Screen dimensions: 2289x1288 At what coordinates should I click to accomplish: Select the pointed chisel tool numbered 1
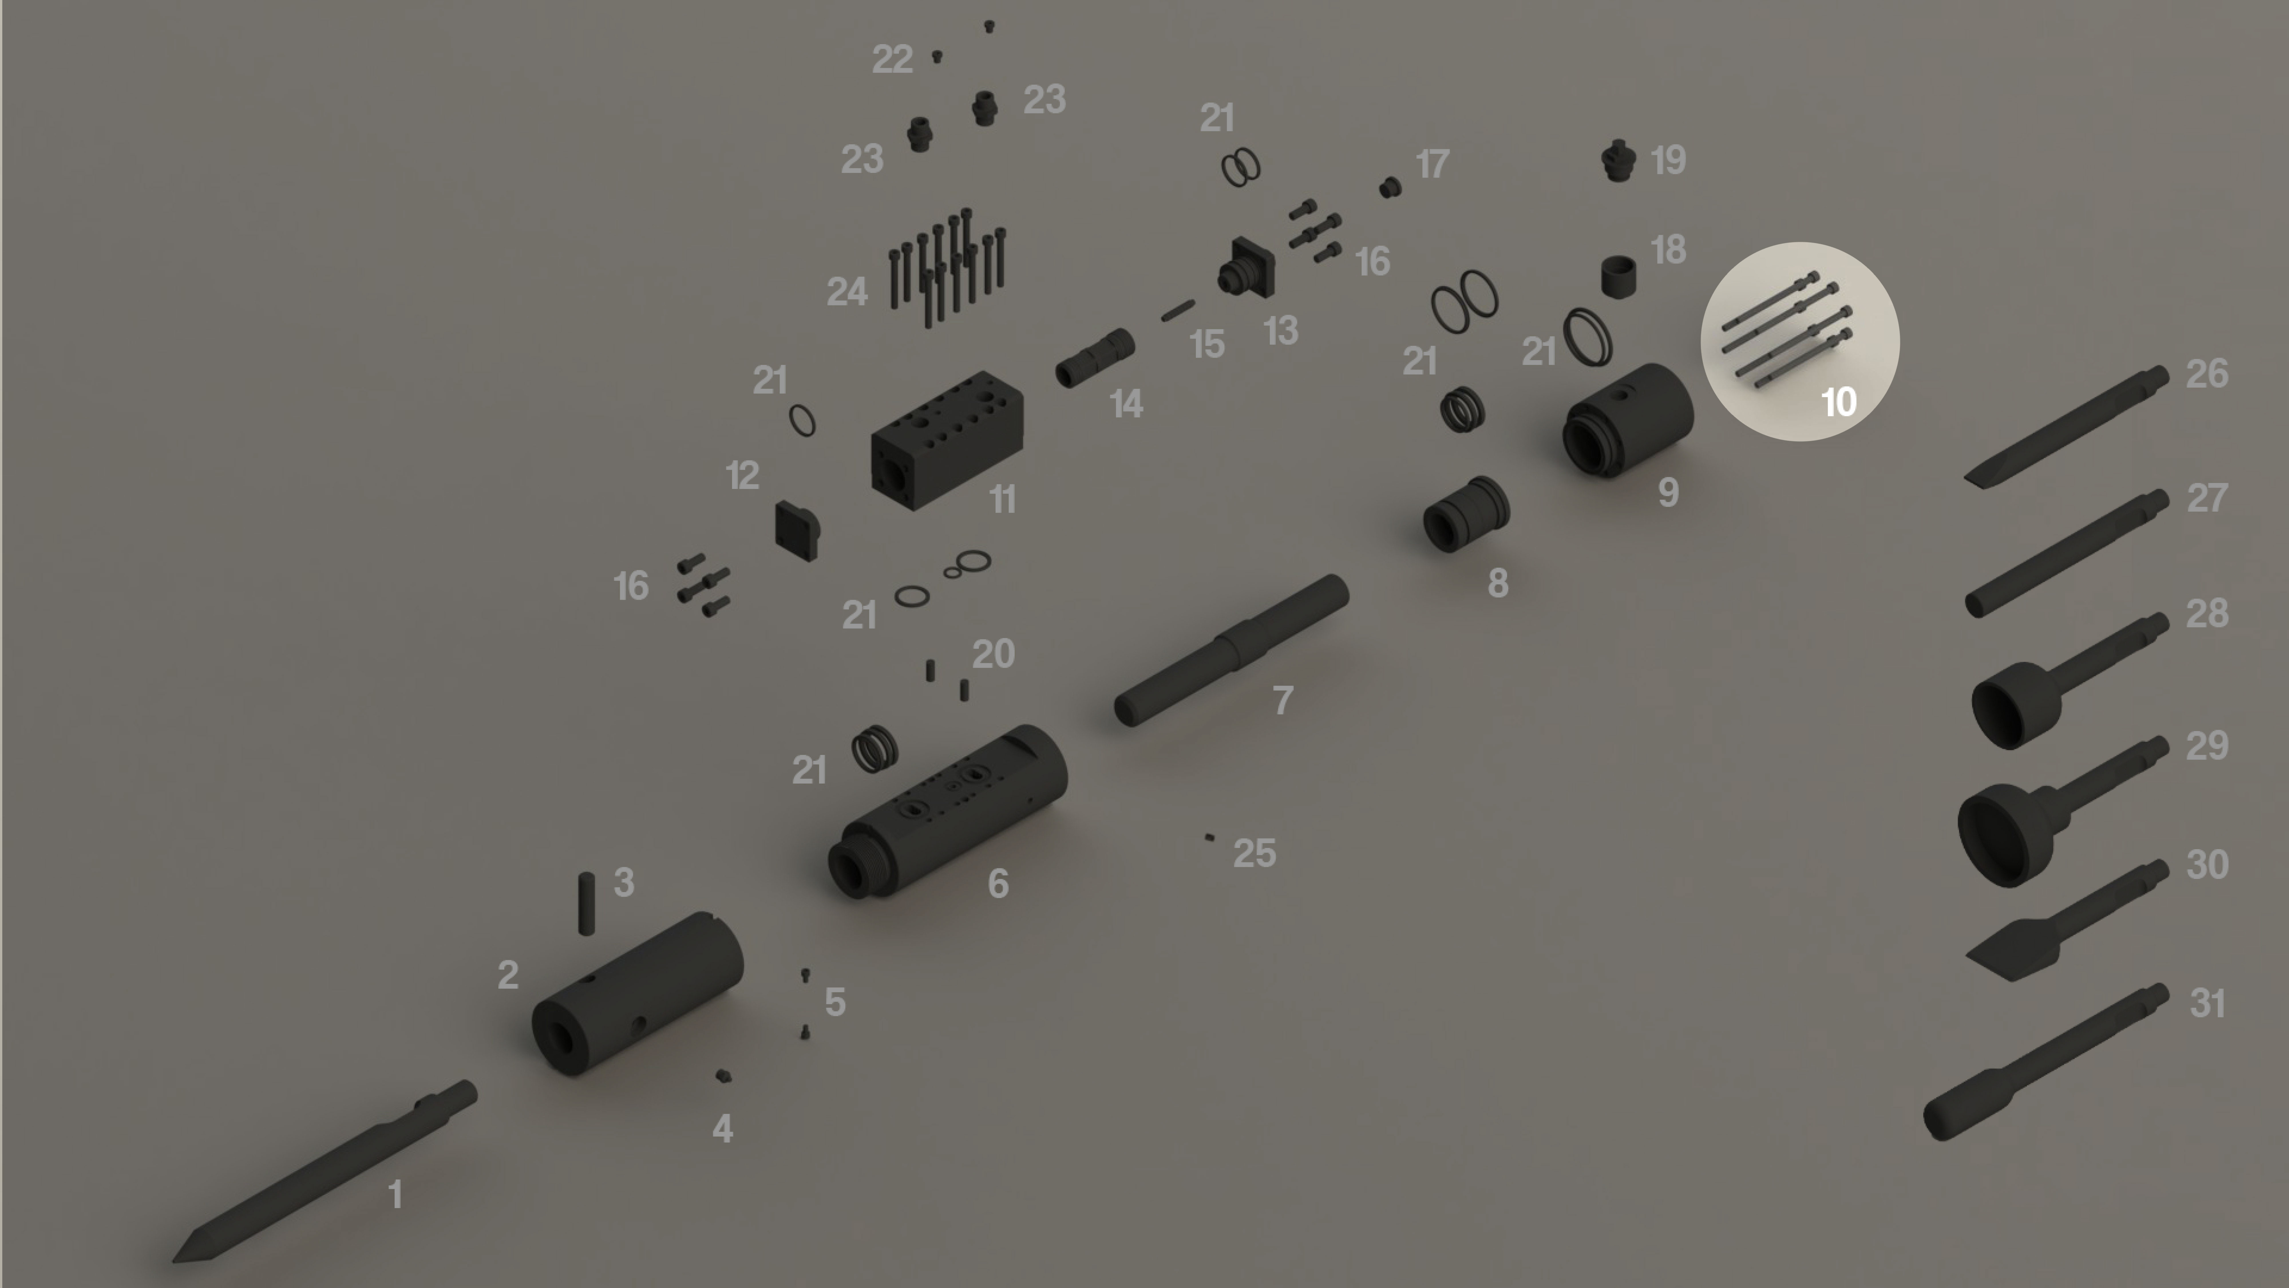[324, 1171]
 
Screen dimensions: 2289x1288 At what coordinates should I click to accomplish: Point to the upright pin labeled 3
[586, 903]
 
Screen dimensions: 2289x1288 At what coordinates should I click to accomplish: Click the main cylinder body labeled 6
[947, 811]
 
